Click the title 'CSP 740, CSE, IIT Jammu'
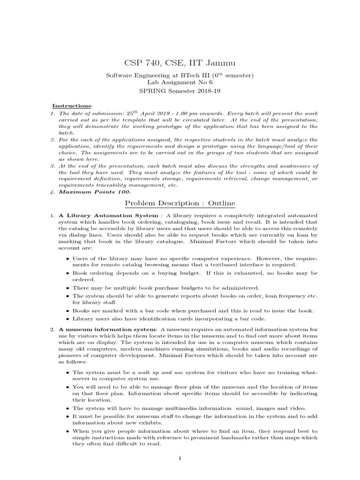click(180, 62)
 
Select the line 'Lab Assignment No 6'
click(180, 82)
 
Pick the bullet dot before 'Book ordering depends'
click(68, 273)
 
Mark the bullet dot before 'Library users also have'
click(68, 319)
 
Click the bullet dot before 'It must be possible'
click(68, 416)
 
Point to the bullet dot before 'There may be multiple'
click(68, 288)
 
